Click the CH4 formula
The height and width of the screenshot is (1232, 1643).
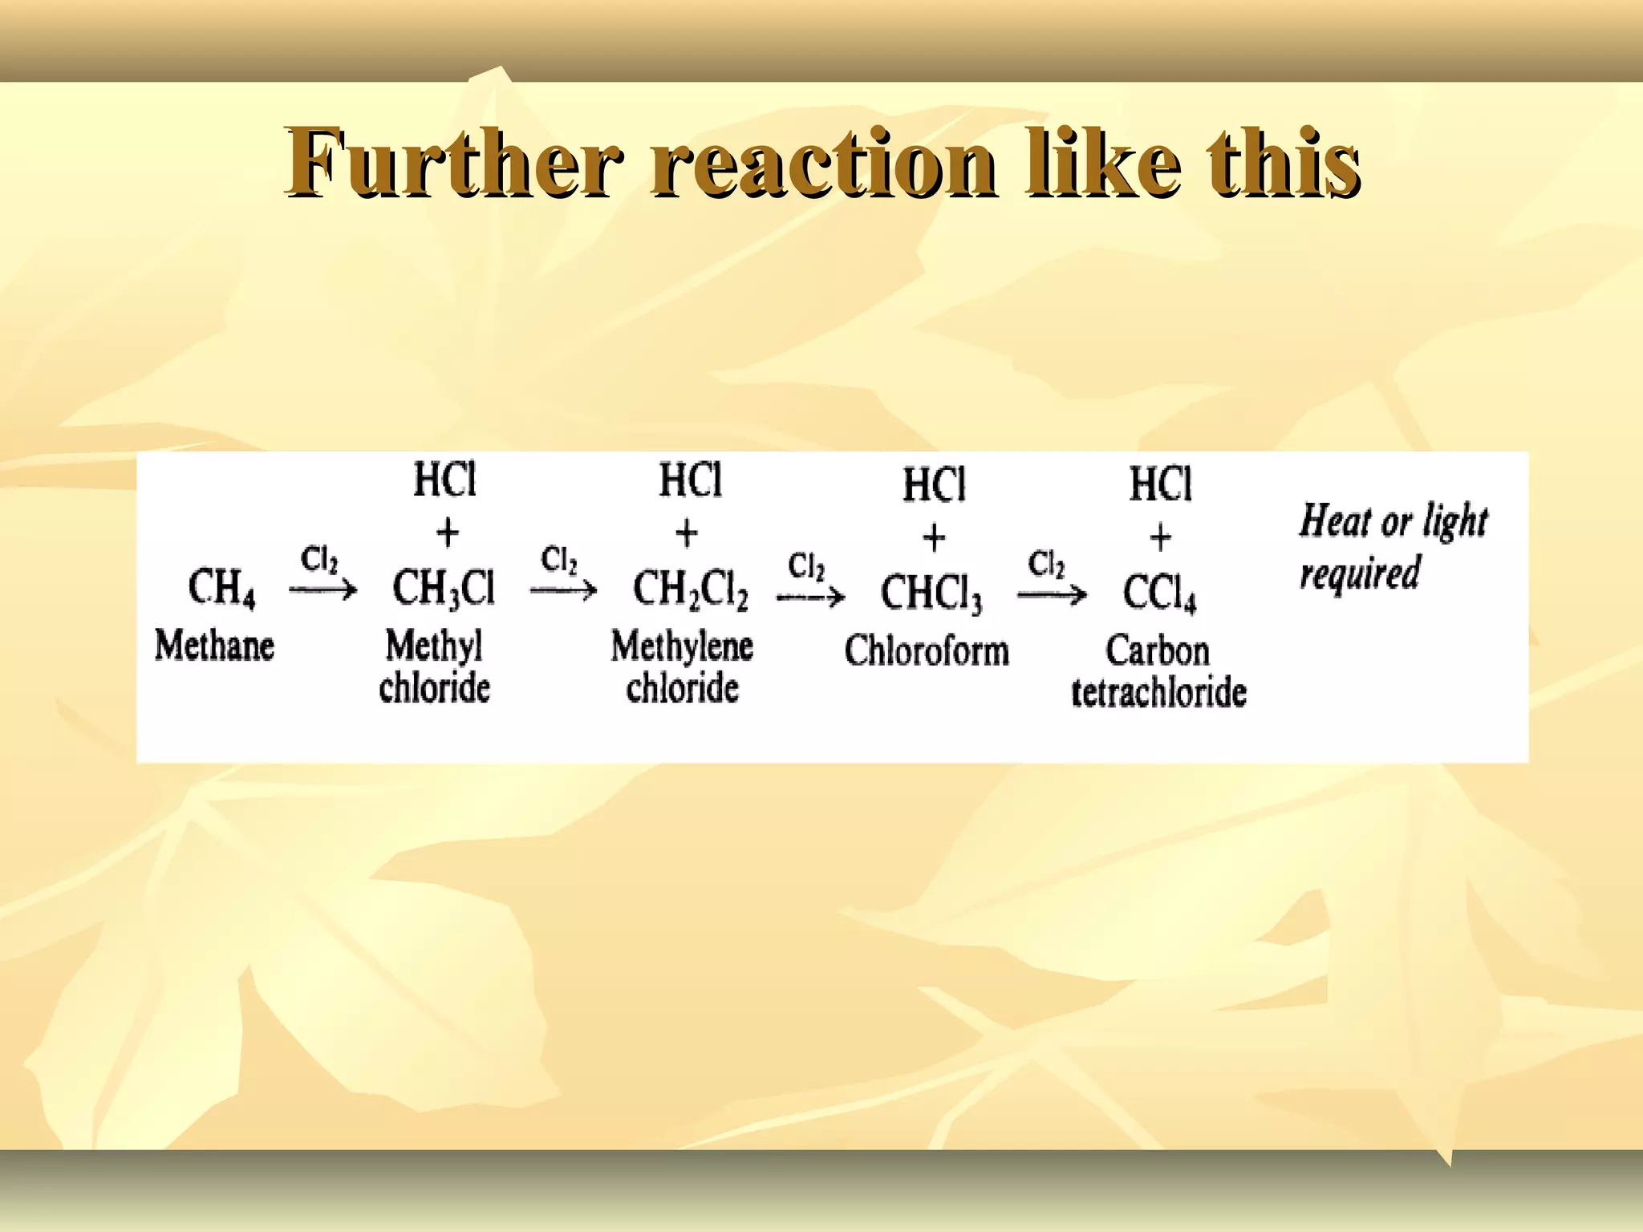[221, 588]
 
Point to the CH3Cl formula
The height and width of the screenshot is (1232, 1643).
[443, 588]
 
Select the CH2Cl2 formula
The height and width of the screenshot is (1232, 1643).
[690, 590]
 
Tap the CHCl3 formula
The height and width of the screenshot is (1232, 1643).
[931, 594]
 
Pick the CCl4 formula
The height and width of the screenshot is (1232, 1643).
[1159, 594]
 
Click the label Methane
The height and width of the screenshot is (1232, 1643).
[214, 646]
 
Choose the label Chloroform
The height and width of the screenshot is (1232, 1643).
[927, 650]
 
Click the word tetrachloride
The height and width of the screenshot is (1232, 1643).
[1159, 693]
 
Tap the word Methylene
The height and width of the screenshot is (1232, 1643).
[682, 646]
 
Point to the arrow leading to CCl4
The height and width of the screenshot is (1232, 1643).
[1052, 595]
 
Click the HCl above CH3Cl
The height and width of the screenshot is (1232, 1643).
[444, 480]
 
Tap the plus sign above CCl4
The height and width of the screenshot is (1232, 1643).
[1160, 537]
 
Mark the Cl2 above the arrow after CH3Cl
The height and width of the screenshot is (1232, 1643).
[559, 560]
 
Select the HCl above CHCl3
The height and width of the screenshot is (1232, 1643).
[934, 485]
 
